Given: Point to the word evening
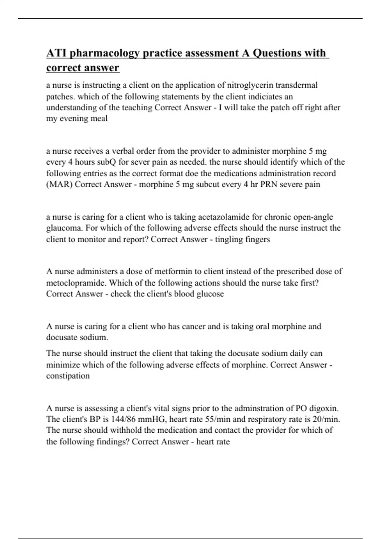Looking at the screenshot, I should click(74, 119).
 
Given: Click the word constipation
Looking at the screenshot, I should click(68, 376).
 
